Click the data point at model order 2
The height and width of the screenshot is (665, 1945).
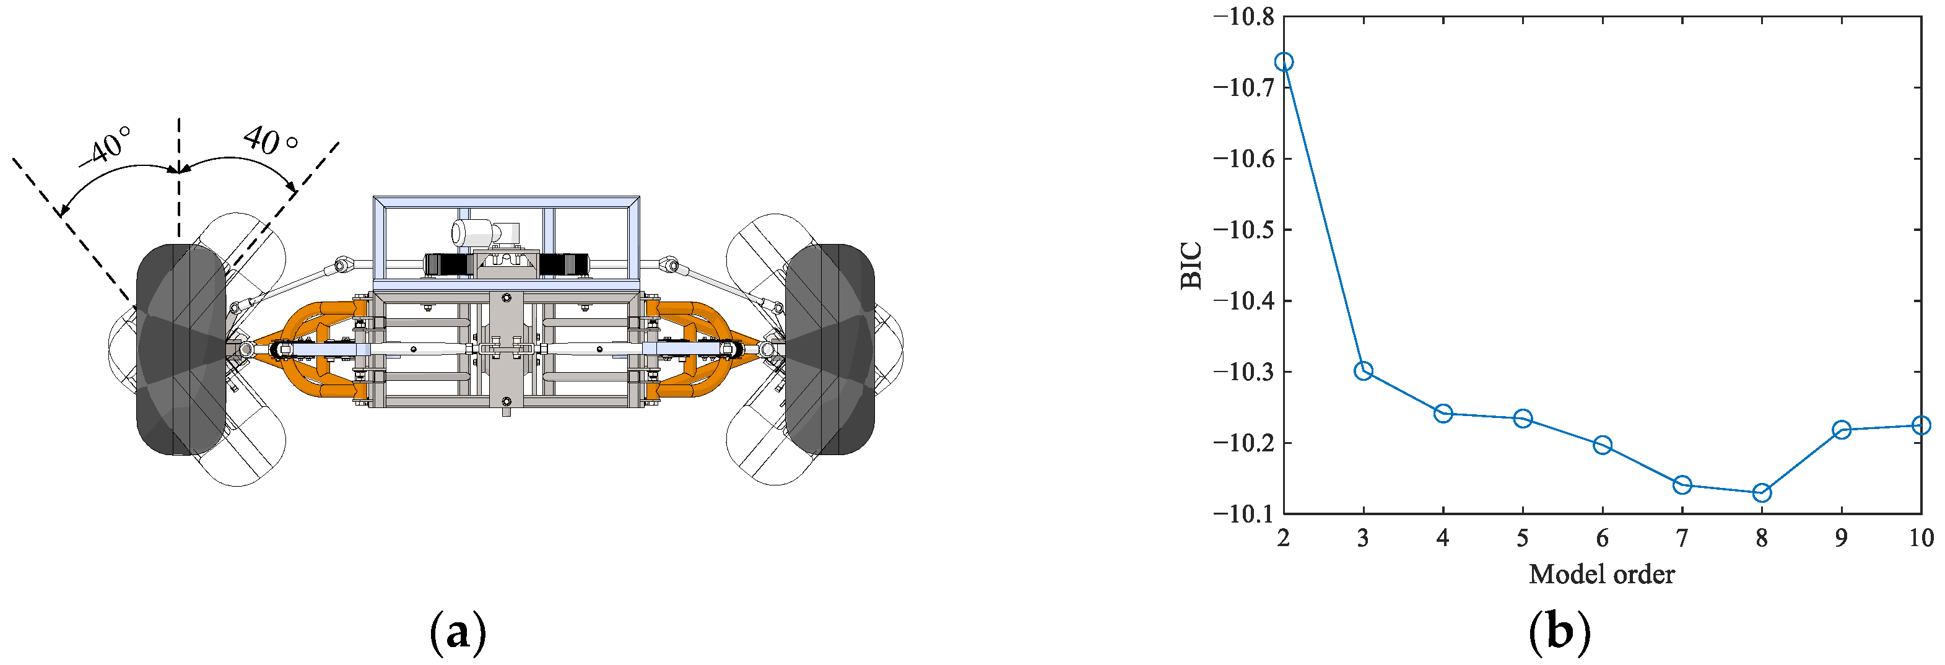[x=1283, y=62]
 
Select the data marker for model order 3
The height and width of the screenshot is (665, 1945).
[x=1363, y=371]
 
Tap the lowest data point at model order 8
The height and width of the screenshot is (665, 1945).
[x=1762, y=493]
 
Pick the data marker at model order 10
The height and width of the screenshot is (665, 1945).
[x=1921, y=426]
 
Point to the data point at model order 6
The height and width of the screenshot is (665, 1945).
[x=1602, y=445]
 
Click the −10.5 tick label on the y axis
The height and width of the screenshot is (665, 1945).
[x=1243, y=230]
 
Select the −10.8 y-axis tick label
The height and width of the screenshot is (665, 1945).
[x=1243, y=16]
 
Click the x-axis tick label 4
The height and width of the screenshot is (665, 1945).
[x=1443, y=537]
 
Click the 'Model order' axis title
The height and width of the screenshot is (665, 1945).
[x=1601, y=575]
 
